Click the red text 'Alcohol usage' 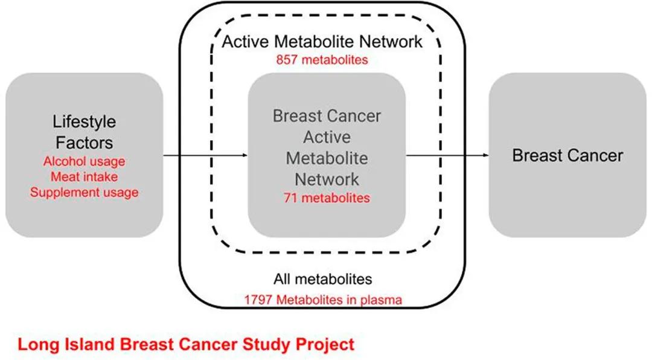84,161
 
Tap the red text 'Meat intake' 84,177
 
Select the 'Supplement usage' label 84,193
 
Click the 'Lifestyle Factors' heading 84,132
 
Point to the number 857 287,60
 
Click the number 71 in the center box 290,198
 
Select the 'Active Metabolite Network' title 322,42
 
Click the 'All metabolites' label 322,279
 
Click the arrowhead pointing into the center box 245,156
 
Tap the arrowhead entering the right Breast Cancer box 486,156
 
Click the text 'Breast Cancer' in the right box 567,156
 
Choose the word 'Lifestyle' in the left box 84,122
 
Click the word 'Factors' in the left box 84,143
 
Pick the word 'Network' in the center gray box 327,179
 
